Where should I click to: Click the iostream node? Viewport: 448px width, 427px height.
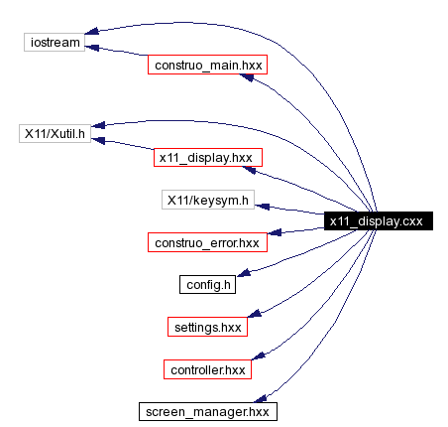[53, 44]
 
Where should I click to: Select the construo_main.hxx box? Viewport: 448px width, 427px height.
[208, 66]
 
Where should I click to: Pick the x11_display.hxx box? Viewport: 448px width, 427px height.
[208, 157]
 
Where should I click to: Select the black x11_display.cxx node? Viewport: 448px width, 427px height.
[376, 222]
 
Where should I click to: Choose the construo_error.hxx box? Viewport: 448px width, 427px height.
[207, 242]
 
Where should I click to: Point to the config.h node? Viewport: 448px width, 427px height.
[208, 284]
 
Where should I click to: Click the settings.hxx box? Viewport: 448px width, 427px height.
[207, 326]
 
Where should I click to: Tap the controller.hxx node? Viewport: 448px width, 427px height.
[207, 368]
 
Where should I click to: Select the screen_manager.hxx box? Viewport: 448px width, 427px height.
[207, 410]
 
